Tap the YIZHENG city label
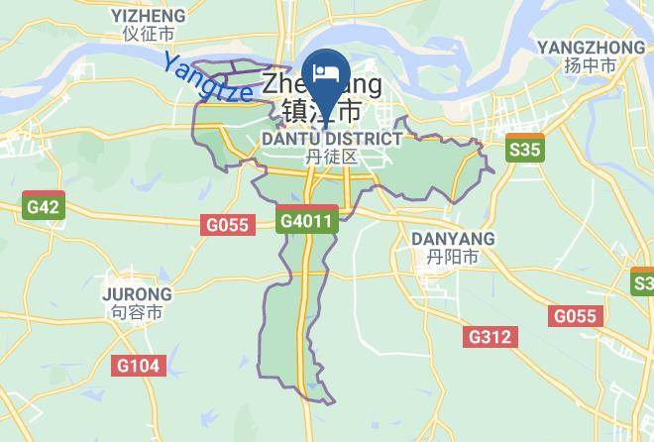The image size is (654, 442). [149, 15]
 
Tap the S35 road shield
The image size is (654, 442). [524, 150]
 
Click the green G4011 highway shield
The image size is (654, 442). [308, 220]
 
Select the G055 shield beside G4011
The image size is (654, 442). [227, 225]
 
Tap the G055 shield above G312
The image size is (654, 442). [576, 316]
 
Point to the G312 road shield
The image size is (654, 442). [490, 337]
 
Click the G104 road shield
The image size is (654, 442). [137, 366]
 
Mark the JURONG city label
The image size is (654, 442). [137, 294]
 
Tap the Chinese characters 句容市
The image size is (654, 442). [137, 312]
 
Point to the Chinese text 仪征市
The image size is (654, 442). [149, 33]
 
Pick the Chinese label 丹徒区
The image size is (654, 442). [331, 157]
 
